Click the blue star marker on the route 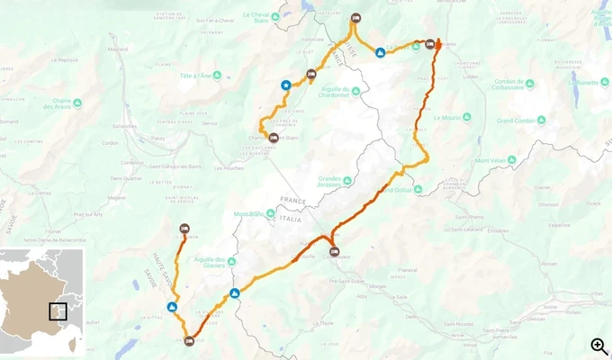click(286, 85)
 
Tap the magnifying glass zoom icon click(598, 346)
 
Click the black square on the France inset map click(58, 311)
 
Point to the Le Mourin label click(446, 117)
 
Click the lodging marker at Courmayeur click(335, 252)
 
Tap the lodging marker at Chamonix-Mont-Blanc click(274, 138)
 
